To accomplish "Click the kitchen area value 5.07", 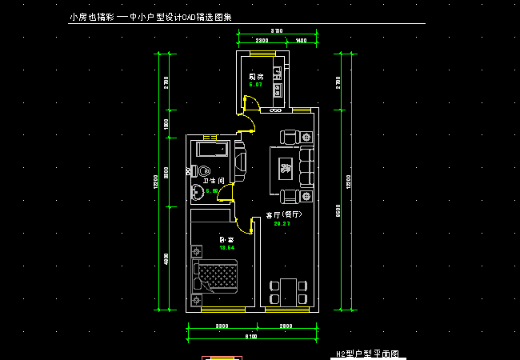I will [255, 84].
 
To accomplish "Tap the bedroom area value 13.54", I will [226, 248].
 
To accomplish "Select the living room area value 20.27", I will [282, 224].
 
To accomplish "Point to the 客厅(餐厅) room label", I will [284, 215].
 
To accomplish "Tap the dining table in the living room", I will [286, 290].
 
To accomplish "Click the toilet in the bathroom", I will [202, 170].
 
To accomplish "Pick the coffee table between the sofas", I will [286, 168].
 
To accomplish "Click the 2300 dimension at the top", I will [261, 39].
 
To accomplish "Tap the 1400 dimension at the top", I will [301, 39].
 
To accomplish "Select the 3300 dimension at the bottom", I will [222, 326].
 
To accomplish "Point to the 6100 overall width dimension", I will [250, 337].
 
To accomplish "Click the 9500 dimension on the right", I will [339, 210].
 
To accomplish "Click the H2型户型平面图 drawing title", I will [366, 353].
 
